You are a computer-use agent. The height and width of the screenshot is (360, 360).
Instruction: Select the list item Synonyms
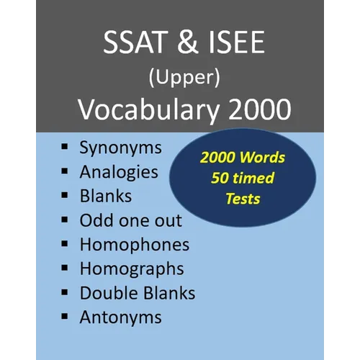pyautogui.click(x=120, y=148)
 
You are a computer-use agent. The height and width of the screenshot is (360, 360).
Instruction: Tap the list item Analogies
pyautogui.click(x=119, y=172)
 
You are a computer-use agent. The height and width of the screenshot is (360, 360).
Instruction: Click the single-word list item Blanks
pyautogui.click(x=107, y=196)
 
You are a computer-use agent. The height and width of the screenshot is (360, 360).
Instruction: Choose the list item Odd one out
pyautogui.click(x=131, y=220)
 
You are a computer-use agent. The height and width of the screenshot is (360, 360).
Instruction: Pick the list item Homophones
pyautogui.click(x=135, y=244)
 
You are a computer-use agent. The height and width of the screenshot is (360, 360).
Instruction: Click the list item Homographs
pyautogui.click(x=132, y=269)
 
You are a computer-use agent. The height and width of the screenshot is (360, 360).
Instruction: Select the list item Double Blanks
pyautogui.click(x=138, y=293)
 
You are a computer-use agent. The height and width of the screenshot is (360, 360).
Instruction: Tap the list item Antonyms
pyautogui.click(x=120, y=317)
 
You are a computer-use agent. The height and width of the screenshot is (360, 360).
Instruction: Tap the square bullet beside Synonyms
pyautogui.click(x=64, y=148)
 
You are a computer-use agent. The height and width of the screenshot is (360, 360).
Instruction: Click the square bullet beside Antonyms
pyautogui.click(x=64, y=316)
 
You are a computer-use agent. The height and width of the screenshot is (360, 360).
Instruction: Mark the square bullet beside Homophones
pyautogui.click(x=64, y=243)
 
